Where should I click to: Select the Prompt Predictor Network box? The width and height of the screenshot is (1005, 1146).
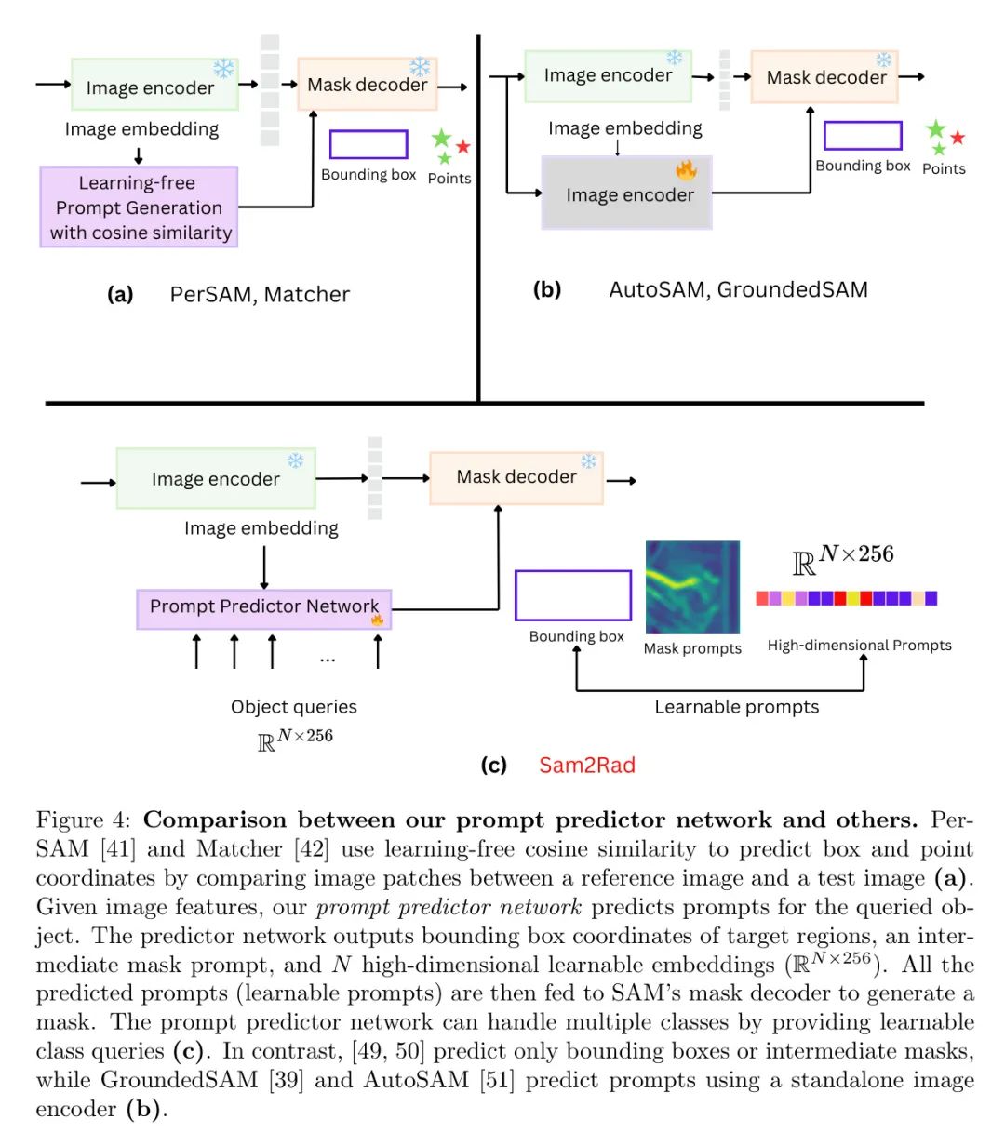point(263,608)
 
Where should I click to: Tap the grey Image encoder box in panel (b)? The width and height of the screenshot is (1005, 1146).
point(626,193)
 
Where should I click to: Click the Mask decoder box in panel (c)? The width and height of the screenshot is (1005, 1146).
point(516,477)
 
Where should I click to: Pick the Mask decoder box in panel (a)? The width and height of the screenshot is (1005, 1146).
point(367,84)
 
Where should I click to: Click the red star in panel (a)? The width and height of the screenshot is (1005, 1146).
point(462,146)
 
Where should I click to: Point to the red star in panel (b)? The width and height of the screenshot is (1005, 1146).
point(957,137)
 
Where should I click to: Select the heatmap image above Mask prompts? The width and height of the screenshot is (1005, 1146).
point(692,587)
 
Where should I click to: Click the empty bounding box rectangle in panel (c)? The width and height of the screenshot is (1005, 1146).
point(572,594)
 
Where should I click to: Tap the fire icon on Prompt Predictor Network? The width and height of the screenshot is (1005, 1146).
point(377,620)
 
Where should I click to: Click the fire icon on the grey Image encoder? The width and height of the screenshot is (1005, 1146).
point(686,169)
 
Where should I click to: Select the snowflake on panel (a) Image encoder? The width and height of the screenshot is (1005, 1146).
point(224,69)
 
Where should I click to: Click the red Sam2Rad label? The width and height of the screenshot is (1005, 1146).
point(587,765)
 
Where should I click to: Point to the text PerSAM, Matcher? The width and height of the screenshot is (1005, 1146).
point(260,294)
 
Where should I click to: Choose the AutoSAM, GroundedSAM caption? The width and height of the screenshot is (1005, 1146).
point(738,289)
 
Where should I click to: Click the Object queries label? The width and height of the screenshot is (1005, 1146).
point(294,707)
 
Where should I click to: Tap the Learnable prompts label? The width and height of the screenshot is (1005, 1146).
point(736,707)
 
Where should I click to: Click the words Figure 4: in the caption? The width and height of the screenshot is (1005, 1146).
point(83,820)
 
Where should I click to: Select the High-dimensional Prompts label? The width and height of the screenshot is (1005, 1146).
point(859,646)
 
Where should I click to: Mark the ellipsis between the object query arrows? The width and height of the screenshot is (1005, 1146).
point(327,660)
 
